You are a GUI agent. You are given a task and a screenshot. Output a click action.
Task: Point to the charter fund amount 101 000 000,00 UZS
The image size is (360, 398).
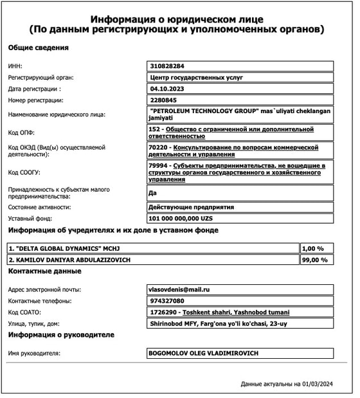[180, 219]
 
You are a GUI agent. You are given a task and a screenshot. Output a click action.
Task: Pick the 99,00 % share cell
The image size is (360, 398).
[314, 260]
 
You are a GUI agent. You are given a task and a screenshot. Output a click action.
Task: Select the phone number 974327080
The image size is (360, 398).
[166, 301]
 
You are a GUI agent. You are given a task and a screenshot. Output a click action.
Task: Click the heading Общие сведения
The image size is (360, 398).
[38, 48]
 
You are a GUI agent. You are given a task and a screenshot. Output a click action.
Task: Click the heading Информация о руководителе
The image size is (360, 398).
[60, 335]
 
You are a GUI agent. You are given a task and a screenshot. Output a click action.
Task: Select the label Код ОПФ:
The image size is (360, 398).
[23, 133]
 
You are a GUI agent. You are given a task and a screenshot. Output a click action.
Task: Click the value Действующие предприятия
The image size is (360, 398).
[191, 207]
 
